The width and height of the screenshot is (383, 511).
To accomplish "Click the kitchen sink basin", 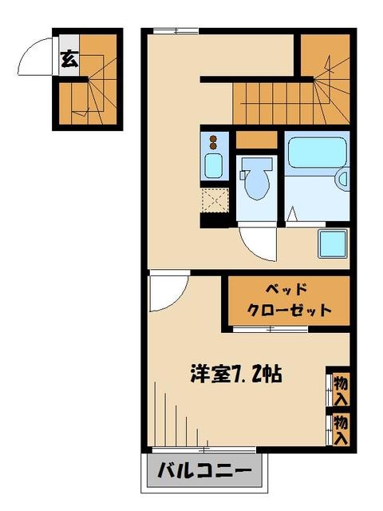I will (214, 168).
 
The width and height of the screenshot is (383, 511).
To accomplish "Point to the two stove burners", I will (213, 144).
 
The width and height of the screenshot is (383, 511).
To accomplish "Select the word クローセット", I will (288, 310).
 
